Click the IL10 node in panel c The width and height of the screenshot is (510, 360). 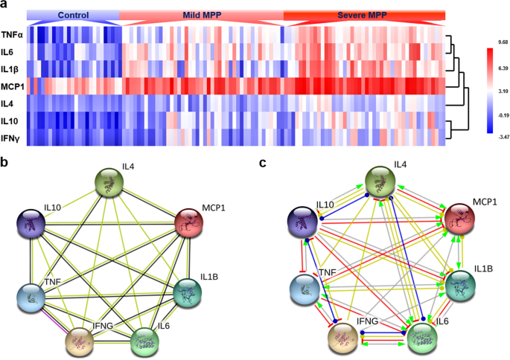coord(304,224)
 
